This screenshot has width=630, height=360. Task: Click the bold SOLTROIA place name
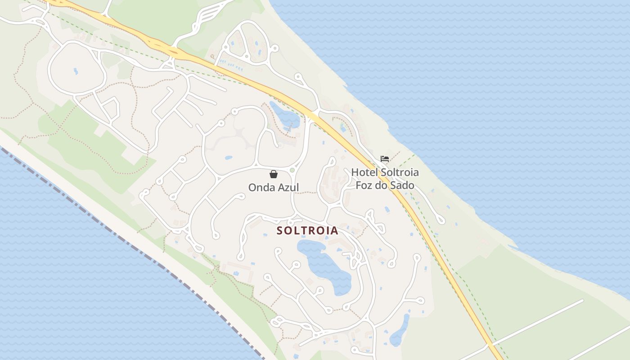coord(307,230)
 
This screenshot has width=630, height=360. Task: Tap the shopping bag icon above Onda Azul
coord(273,174)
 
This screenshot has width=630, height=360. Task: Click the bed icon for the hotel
coord(385,158)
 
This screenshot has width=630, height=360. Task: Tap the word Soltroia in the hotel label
coord(400,172)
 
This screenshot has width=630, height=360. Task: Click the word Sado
coord(403,185)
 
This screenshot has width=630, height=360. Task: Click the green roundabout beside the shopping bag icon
coord(292,170)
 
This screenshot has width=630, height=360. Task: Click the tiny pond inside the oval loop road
coord(76,71)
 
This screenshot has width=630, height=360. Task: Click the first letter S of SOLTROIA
coord(279,230)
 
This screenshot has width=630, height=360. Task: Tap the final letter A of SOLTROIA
coord(334,230)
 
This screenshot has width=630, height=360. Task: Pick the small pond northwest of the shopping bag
coord(229,158)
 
